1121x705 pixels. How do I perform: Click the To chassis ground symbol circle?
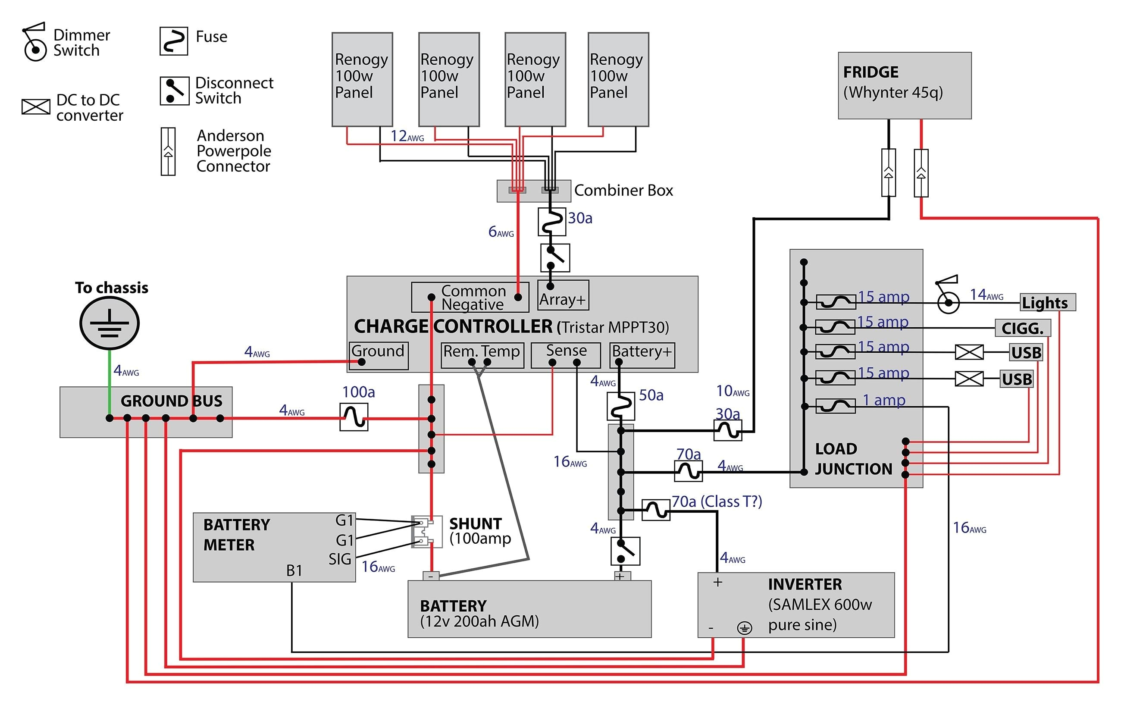pyautogui.click(x=110, y=323)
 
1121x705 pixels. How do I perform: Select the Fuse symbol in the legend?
pyautogui.click(x=174, y=41)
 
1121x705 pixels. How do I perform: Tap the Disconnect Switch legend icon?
pyautogui.click(x=175, y=91)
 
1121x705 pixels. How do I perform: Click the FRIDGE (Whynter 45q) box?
pyautogui.click(x=904, y=86)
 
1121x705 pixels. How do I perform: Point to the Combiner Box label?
pyautogui.click(x=623, y=191)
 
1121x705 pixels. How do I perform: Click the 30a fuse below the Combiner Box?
pyautogui.click(x=551, y=222)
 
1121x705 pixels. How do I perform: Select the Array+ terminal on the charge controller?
pyautogui.click(x=563, y=295)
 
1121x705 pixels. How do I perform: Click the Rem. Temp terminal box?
pyautogui.click(x=482, y=355)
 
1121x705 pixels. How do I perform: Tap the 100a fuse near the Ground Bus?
pyautogui.click(x=354, y=417)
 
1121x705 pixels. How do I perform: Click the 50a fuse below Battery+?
pyautogui.click(x=620, y=406)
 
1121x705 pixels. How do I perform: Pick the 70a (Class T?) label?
pyautogui.click(x=717, y=501)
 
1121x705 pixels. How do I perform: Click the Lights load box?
pyautogui.click(x=1047, y=303)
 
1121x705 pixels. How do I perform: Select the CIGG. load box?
pyautogui.click(x=1022, y=328)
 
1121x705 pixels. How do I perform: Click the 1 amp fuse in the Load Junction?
pyautogui.click(x=836, y=406)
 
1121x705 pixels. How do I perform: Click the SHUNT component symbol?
pyautogui.click(x=426, y=531)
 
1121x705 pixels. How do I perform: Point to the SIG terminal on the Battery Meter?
pyautogui.click(x=339, y=559)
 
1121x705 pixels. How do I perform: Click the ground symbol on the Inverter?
pyautogui.click(x=744, y=629)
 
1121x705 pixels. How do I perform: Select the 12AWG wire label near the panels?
pyautogui.click(x=407, y=136)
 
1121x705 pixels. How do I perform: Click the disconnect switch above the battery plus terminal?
pyautogui.click(x=625, y=551)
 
